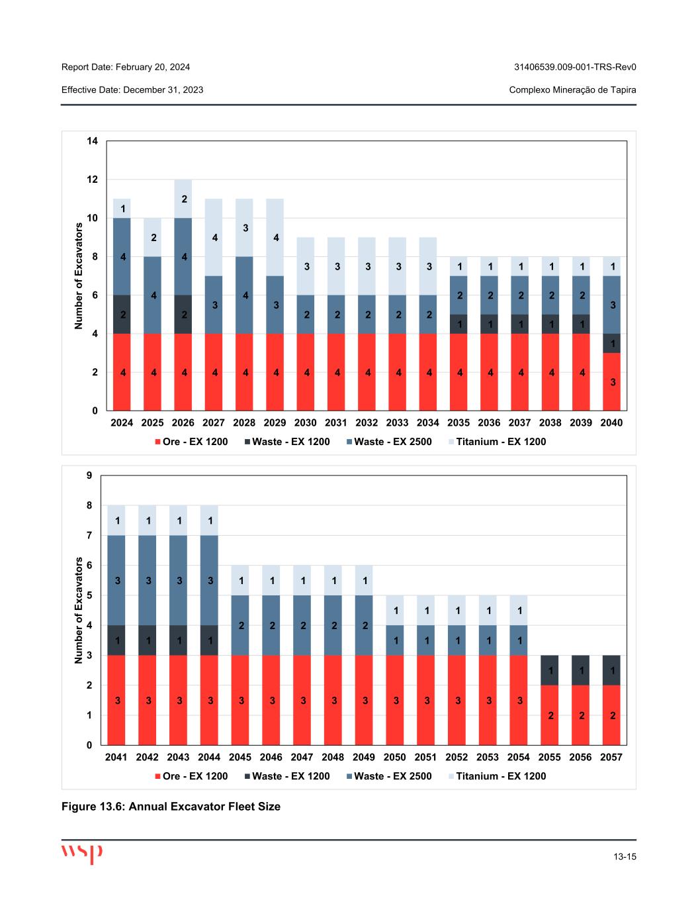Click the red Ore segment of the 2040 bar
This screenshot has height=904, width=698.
pos(611,381)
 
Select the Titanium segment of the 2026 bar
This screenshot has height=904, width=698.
pos(183,199)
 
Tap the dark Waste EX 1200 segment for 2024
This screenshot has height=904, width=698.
pos(122,314)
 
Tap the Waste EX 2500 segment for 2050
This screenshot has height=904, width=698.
pos(395,640)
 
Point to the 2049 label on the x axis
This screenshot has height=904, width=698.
pos(364,757)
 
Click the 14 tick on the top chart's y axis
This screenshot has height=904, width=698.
pos(92,141)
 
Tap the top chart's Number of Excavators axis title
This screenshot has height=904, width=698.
pos(79,276)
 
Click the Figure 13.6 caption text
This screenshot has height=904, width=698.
pos(171,807)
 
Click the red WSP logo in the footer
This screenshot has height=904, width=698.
pos(82,852)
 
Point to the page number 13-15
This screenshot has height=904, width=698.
pos(624,857)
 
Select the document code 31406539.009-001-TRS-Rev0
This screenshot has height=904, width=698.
pos(575,67)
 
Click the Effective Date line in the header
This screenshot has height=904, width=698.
pos(132,89)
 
